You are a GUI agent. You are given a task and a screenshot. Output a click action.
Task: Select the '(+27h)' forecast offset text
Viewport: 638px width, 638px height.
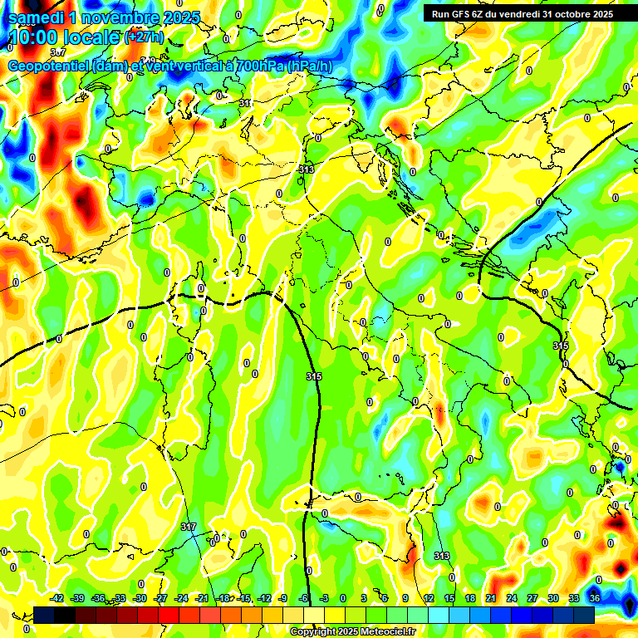[x=144, y=37]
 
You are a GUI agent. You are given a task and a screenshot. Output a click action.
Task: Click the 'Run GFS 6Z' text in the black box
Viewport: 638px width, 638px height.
[x=459, y=14]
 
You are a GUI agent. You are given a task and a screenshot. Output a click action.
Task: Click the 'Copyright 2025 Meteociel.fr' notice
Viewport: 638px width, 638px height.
[x=352, y=631]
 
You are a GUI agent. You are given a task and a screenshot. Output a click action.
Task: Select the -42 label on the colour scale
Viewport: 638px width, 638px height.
[x=56, y=598]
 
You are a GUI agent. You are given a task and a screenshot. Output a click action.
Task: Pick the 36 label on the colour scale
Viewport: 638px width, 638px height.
[x=595, y=598]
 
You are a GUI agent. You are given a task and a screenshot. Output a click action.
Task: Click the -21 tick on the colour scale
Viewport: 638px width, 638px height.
[x=202, y=598]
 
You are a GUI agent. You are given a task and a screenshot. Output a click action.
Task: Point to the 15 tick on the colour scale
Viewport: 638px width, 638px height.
[x=449, y=598]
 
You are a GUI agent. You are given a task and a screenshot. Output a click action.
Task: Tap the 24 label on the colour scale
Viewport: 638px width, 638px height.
[x=512, y=598]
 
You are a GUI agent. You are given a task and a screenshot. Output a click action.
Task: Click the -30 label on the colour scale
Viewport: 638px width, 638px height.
[x=140, y=598]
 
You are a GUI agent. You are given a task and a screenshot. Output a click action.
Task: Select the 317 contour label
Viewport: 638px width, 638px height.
[x=189, y=527]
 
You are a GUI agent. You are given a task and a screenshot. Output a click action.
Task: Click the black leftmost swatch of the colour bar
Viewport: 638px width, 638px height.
[x=44, y=615]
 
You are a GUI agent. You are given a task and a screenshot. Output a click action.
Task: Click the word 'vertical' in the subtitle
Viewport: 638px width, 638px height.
[x=189, y=66]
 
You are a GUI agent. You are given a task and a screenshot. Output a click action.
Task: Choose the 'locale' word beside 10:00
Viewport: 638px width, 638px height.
[x=92, y=37]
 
